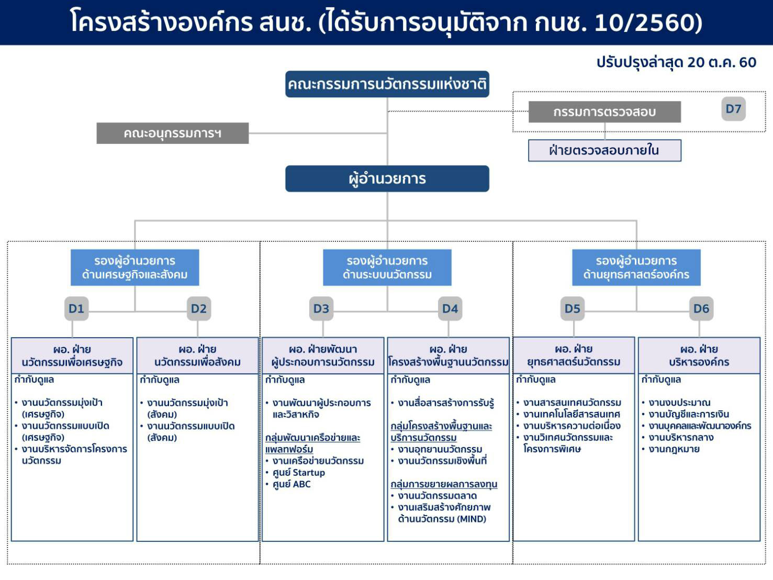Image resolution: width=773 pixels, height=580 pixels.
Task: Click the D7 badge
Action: click(x=733, y=109)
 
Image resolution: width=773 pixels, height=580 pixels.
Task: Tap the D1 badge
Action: click(x=76, y=309)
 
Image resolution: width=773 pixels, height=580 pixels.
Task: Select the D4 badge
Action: click(x=450, y=309)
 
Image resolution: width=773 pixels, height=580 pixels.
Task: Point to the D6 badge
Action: click(x=701, y=309)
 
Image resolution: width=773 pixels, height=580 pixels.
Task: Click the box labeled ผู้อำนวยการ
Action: click(x=387, y=179)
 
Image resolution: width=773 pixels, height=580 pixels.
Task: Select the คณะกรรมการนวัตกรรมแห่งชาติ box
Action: click(x=387, y=84)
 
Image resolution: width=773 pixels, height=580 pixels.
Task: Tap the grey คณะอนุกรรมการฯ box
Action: click(x=173, y=133)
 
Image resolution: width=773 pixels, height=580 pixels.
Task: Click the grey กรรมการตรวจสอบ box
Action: click(x=604, y=112)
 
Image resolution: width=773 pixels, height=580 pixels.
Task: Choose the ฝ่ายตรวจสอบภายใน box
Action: click(x=604, y=151)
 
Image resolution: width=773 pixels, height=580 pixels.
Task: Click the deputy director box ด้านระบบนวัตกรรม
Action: click(x=387, y=267)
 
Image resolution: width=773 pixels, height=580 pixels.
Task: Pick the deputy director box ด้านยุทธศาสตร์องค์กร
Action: click(x=636, y=267)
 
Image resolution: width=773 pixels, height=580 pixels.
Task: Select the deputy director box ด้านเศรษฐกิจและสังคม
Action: click(x=135, y=267)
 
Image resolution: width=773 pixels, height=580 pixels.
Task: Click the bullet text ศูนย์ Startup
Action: click(x=299, y=473)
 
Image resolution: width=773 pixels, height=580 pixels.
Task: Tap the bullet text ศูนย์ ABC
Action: click(x=292, y=484)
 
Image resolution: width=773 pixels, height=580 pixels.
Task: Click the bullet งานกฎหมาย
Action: click(x=674, y=449)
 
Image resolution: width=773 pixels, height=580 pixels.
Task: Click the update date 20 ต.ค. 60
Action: click(x=722, y=62)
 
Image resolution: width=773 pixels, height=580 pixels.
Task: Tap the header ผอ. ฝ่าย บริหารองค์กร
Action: click(x=699, y=355)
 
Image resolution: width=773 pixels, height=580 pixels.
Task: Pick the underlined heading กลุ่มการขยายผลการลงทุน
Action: click(x=444, y=484)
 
